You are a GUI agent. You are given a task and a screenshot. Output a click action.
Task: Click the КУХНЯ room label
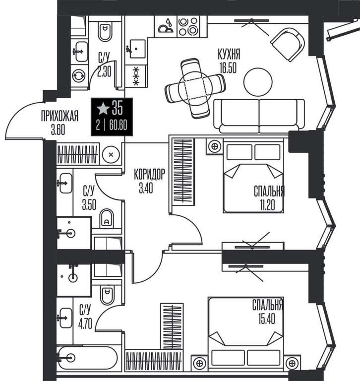point(229,54)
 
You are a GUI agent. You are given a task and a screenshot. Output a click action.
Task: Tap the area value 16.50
point(228,68)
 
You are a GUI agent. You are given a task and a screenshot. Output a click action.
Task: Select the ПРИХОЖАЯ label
point(60,116)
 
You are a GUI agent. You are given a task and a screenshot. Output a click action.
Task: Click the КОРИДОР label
point(149,174)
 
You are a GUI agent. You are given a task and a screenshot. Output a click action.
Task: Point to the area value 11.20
point(267,205)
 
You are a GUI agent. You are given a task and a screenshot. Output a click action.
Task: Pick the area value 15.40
point(267,319)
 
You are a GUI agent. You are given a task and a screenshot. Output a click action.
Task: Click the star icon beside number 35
point(103,108)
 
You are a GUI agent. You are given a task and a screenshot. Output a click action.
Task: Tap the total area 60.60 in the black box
point(118,126)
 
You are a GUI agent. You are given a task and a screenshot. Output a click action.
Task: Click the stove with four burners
point(188,26)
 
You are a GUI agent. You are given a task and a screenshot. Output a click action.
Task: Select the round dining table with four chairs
point(195,88)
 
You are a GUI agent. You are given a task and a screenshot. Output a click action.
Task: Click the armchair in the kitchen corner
point(288,44)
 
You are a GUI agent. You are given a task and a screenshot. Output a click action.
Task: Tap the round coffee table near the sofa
point(258,82)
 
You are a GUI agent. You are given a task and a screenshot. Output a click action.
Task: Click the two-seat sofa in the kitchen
point(259,116)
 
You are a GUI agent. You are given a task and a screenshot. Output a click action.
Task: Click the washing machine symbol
point(79,75)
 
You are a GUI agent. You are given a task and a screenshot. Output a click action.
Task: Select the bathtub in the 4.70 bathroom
point(82,358)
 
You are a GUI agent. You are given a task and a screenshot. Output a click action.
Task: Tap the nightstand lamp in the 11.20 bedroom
point(215,146)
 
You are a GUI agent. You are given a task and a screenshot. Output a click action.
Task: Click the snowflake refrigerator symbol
point(136,76)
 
